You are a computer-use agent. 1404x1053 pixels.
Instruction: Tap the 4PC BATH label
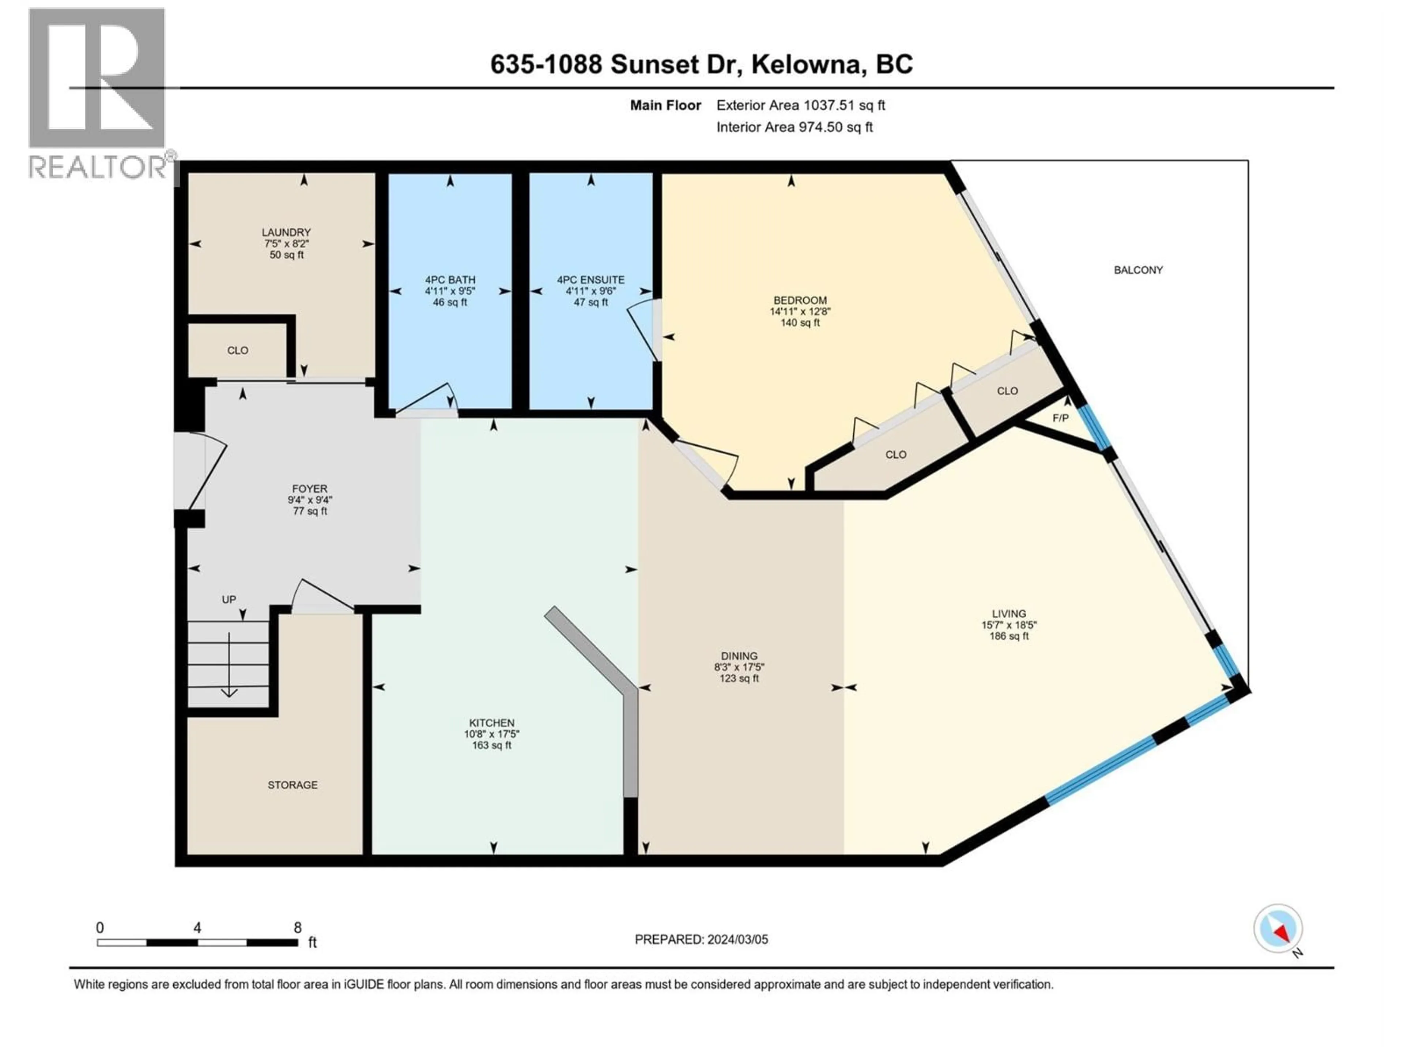[450, 280]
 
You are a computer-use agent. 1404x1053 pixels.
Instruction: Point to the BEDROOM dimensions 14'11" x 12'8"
[800, 312]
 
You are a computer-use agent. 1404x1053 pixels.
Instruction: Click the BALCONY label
[1138, 270]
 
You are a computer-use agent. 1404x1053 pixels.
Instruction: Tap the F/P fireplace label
[1060, 418]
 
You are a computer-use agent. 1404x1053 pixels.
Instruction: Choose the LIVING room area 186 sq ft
[1008, 636]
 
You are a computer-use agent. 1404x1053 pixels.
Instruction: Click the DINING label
[739, 656]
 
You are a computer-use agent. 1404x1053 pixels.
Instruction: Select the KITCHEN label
[491, 722]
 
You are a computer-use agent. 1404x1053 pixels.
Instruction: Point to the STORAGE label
[292, 785]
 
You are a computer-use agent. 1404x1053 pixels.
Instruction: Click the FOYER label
[310, 489]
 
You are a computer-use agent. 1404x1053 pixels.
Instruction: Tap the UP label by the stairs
[229, 599]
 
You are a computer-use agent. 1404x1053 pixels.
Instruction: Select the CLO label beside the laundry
[238, 350]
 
